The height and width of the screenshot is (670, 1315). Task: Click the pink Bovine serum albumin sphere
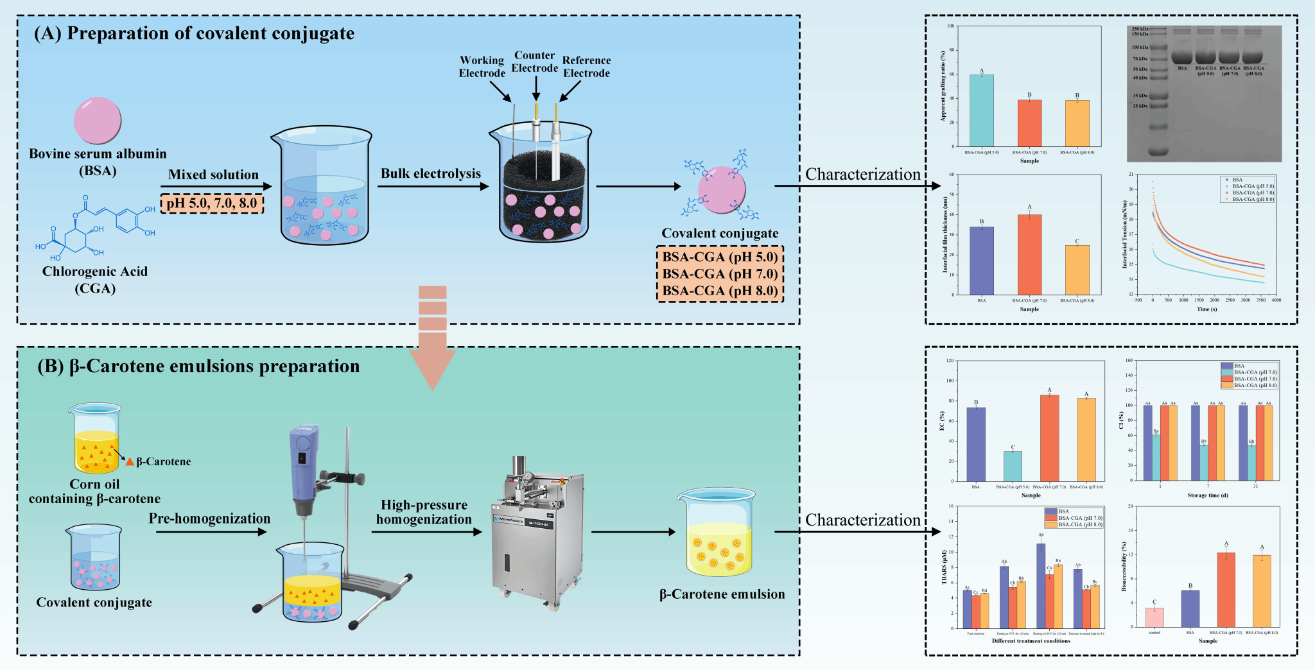point(98,120)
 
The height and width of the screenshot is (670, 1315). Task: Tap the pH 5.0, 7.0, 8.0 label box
point(212,203)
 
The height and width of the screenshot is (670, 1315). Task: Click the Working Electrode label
point(482,67)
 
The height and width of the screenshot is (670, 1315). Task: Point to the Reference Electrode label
point(586,67)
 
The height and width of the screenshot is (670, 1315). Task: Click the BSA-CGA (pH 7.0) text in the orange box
point(720,274)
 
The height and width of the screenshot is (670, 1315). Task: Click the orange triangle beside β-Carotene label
point(130,462)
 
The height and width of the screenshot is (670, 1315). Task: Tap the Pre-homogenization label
point(209,519)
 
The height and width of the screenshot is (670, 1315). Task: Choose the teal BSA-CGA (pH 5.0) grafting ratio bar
point(981,110)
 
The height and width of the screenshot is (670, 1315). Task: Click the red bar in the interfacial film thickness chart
point(1029,254)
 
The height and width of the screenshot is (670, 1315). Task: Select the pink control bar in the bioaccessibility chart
point(1154,617)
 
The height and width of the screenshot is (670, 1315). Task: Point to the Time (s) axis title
point(1206,309)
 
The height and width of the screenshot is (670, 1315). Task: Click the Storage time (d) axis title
point(1207,495)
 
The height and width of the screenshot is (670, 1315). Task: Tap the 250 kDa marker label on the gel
point(1140,29)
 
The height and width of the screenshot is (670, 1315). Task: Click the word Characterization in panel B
point(862,520)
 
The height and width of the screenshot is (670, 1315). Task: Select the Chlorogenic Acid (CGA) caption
point(95,280)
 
